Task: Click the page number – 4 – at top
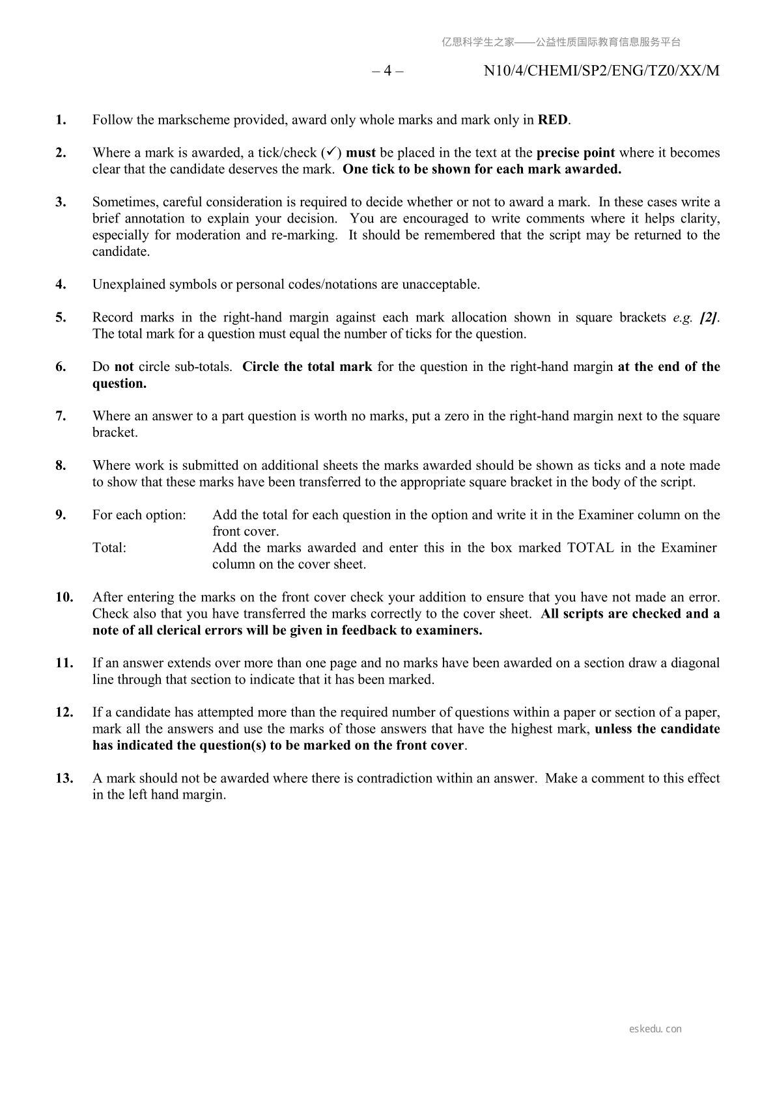coord(388,71)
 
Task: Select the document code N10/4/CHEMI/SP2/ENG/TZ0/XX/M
coord(602,71)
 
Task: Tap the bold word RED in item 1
coord(552,120)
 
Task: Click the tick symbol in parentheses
coord(331,152)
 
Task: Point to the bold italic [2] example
coord(709,318)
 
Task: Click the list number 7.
coord(61,416)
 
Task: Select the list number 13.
coord(64,778)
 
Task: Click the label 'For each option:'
coord(139,515)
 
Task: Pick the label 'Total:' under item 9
coord(109,547)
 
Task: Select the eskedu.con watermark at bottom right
coord(656,1029)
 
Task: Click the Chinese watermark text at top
coord(561,42)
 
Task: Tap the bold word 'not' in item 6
coord(124,366)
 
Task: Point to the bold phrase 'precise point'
coord(576,152)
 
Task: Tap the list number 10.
coord(64,597)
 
